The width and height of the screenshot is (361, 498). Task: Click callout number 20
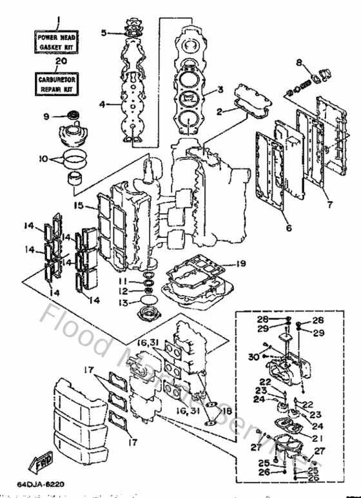point(61,62)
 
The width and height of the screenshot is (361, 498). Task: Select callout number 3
point(220,90)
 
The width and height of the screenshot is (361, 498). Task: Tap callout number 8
point(298,62)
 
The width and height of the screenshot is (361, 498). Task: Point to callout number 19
point(239,263)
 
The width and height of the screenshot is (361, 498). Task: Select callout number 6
point(288,227)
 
